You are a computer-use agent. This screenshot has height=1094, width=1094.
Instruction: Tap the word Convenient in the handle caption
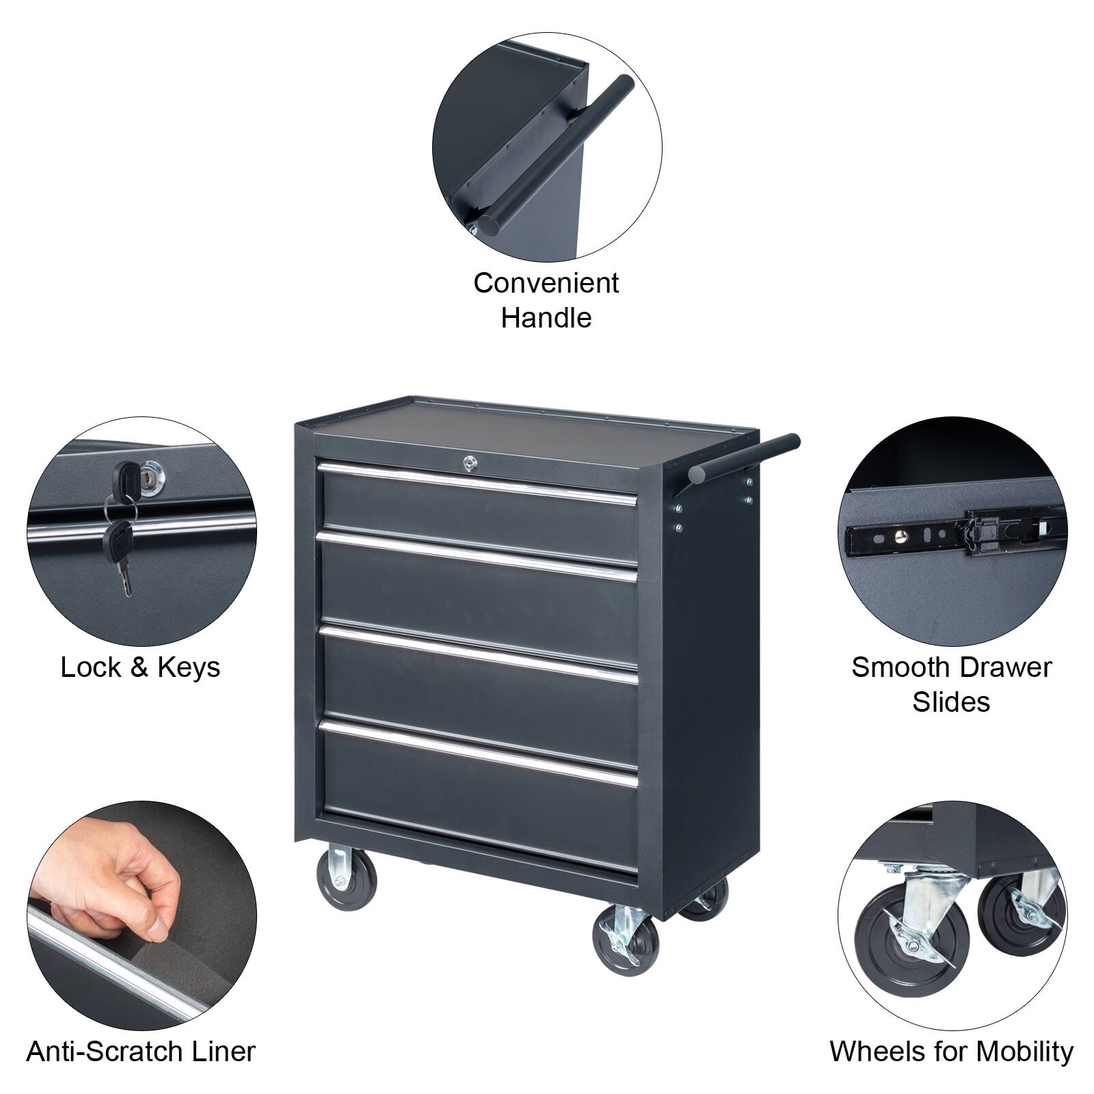click(546, 283)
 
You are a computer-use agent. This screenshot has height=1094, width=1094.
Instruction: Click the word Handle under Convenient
click(546, 318)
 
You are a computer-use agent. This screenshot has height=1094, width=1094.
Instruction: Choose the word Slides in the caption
click(950, 702)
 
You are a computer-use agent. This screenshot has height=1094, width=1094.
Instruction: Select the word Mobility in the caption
click(1022, 1051)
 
